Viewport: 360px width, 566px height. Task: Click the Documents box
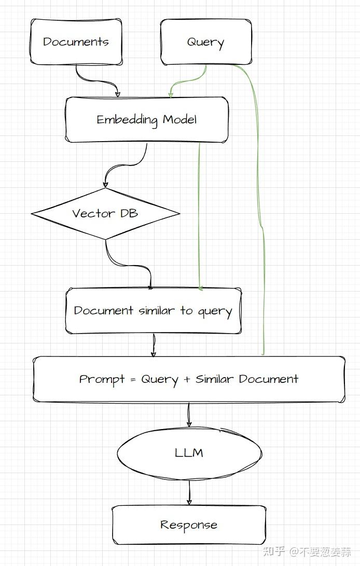(x=76, y=42)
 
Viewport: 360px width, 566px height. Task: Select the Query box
(x=206, y=42)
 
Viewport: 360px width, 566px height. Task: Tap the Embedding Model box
(x=147, y=119)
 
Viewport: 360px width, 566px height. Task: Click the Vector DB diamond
(x=105, y=213)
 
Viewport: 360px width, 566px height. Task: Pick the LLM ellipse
(x=189, y=453)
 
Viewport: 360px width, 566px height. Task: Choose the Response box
(x=189, y=525)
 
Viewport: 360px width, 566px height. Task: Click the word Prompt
(x=102, y=379)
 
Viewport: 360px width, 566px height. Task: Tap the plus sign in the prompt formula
(x=187, y=380)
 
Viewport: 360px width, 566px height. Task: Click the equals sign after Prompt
(x=133, y=380)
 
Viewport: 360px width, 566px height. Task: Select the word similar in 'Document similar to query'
(x=157, y=310)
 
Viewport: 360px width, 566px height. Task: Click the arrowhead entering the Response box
(x=189, y=502)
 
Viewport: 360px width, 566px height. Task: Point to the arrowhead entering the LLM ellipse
(x=189, y=423)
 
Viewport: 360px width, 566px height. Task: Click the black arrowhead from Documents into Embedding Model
(x=117, y=94)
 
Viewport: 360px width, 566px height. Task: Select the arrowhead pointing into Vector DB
(x=105, y=184)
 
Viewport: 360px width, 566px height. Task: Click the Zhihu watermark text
(x=307, y=551)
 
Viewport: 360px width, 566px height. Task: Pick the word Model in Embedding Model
(x=180, y=119)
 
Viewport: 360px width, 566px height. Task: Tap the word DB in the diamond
(x=129, y=213)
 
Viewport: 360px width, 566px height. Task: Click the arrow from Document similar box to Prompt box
(x=154, y=345)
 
